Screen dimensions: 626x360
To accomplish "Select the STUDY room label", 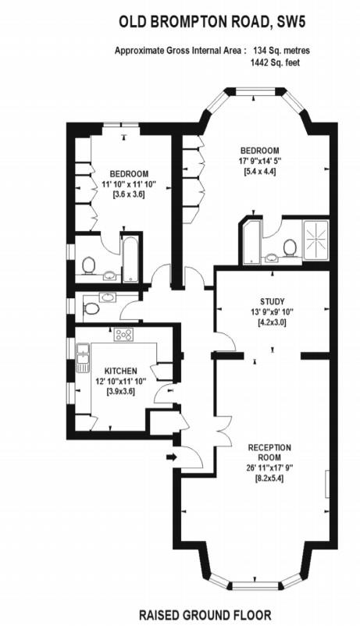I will pos(272,301).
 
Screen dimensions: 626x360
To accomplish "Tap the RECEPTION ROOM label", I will pos(269,453).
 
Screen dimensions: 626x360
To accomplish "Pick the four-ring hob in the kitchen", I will pos(123,335).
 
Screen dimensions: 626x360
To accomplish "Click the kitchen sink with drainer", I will pos(81,361).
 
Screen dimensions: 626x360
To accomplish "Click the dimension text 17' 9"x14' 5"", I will pos(259,161).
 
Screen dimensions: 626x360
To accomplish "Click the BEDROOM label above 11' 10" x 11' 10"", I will pos(128,173).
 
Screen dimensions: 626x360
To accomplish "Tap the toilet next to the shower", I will pos(290,248).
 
